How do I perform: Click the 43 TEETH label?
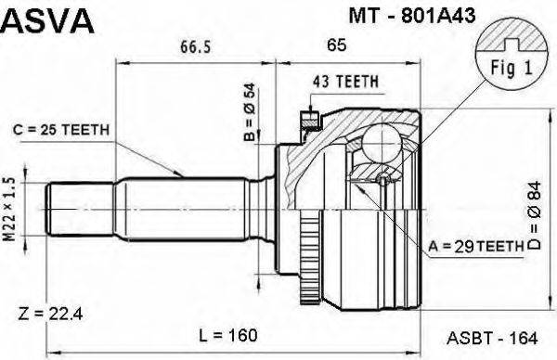(x=344, y=82)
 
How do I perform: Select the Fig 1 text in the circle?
(x=507, y=69)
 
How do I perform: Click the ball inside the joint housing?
(x=379, y=143)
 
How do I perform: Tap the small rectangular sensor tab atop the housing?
(x=306, y=119)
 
